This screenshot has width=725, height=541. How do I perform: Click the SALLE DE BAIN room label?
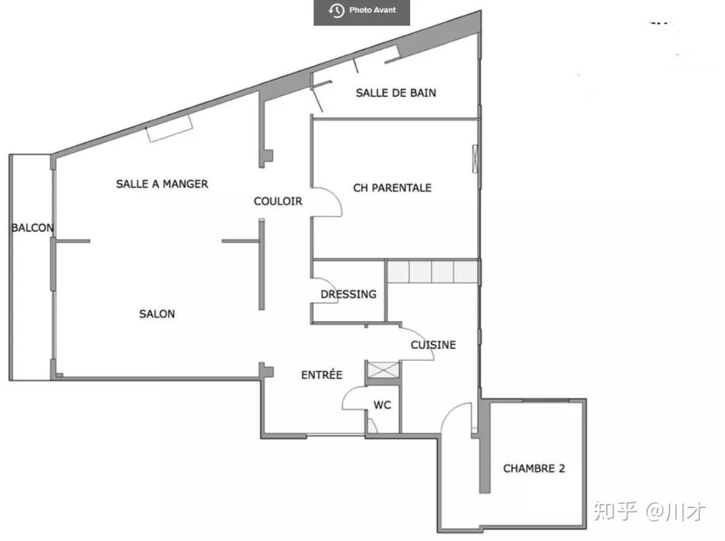[x=396, y=93]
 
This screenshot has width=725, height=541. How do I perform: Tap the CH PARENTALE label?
[x=392, y=188]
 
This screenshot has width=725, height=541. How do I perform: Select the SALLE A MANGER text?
[x=162, y=184]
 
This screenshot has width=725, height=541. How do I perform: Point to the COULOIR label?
[x=278, y=201]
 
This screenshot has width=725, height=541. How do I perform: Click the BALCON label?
[x=32, y=228]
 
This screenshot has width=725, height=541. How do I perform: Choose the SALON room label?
[x=157, y=314]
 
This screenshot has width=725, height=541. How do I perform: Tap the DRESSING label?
[x=348, y=294]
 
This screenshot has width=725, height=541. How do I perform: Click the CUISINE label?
[x=433, y=345]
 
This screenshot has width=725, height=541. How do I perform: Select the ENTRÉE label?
[x=322, y=375]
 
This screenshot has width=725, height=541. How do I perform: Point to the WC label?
[x=383, y=405]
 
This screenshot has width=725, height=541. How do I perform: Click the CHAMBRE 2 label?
[x=534, y=469]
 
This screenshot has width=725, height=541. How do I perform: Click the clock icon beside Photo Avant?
[x=336, y=10]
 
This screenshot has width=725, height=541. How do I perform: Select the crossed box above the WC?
[x=383, y=371]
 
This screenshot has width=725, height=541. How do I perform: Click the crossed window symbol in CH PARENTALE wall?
[x=475, y=158]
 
